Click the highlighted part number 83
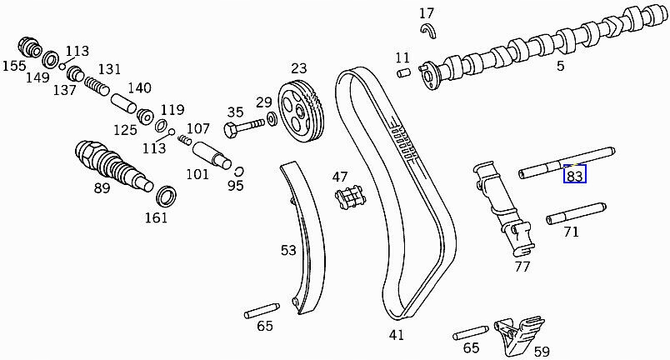(575, 175)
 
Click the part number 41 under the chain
(396, 335)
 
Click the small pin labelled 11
(403, 75)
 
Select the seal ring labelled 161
(167, 197)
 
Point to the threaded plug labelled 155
(31, 47)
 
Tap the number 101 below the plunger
(197, 175)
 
